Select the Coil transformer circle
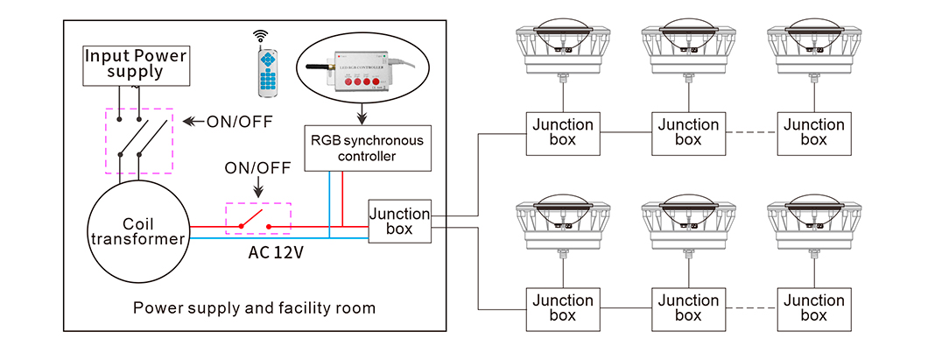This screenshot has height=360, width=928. tap(137, 229)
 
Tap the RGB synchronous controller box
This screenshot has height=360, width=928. tap(369, 148)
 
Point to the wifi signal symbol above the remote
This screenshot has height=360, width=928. tap(260, 36)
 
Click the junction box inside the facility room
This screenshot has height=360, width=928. tap(399, 222)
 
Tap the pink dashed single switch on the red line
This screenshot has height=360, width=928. tap(258, 219)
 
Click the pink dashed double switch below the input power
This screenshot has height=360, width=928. tap(139, 140)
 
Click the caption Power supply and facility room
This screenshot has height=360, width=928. tap(254, 308)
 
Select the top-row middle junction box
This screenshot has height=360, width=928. tap(688, 133)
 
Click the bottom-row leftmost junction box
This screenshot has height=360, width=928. tap(563, 308)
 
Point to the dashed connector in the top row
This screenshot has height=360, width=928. tap(750, 133)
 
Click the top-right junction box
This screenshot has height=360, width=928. tap(813, 133)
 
